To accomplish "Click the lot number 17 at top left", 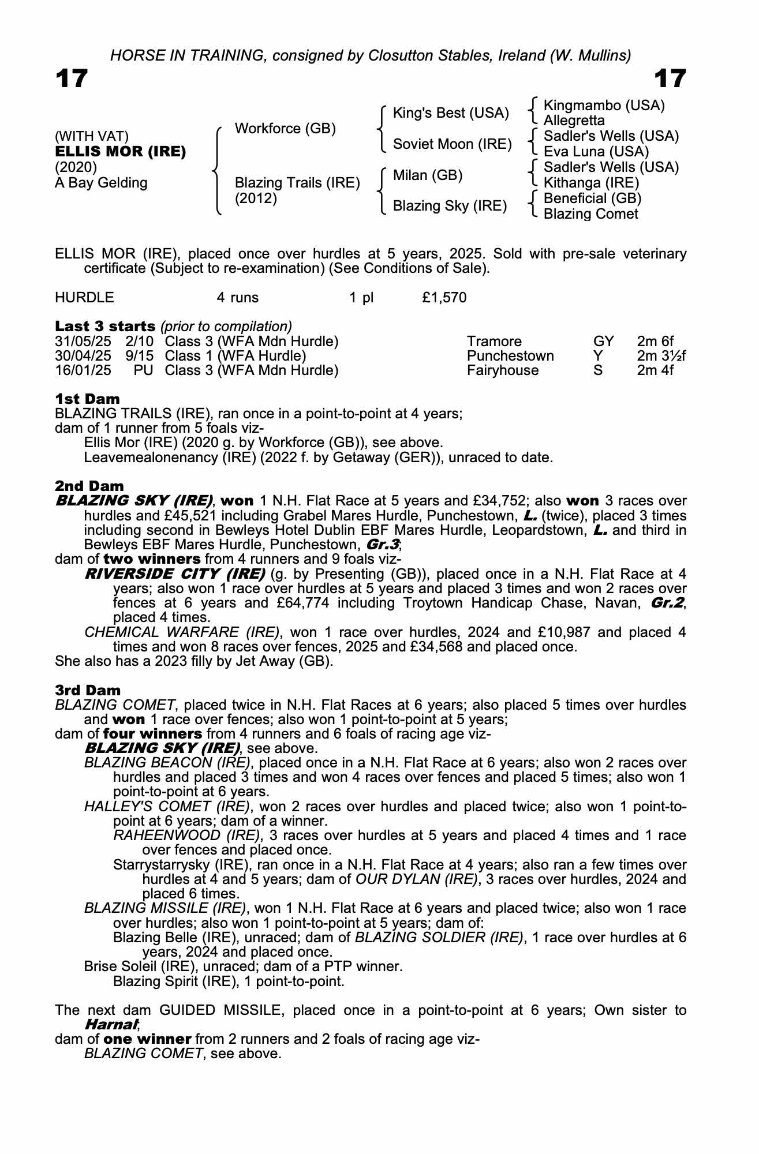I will tap(72, 79).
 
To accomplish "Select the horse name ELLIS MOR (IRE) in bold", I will tap(120, 152).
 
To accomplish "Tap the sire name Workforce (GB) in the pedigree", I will tap(285, 128).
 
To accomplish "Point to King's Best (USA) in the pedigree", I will tap(451, 113).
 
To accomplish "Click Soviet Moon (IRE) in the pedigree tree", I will tap(452, 144).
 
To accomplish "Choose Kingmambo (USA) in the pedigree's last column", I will tap(604, 106).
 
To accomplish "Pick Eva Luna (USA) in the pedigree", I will tap(596, 152).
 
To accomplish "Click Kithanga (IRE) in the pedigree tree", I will tap(592, 183).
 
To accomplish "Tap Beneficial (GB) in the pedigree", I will tap(593, 198).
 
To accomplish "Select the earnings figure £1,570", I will tap(444, 298).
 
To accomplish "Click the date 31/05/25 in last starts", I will tap(83, 342).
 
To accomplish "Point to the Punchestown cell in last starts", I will tap(510, 356).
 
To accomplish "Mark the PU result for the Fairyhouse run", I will tap(143, 370).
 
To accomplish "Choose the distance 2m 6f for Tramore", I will tap(655, 342).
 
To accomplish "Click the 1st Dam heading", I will tap(88, 399).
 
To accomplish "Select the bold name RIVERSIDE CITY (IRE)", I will tap(175, 574).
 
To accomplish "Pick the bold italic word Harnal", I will tap(111, 1025).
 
